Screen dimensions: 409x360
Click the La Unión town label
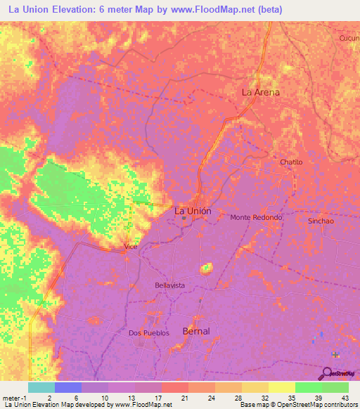(x=191, y=210)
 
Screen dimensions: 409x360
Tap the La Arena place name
(x=260, y=92)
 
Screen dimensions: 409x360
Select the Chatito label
(x=290, y=162)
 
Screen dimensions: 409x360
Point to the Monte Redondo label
(x=256, y=218)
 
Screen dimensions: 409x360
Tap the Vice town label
(x=130, y=246)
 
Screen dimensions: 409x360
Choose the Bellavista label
(x=169, y=285)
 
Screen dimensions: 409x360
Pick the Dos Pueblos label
(x=149, y=333)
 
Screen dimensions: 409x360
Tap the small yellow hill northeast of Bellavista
(x=206, y=268)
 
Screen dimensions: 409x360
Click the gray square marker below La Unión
(x=184, y=219)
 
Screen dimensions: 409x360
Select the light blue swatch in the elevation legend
(x=41, y=387)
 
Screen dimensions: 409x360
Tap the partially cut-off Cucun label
(x=349, y=38)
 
